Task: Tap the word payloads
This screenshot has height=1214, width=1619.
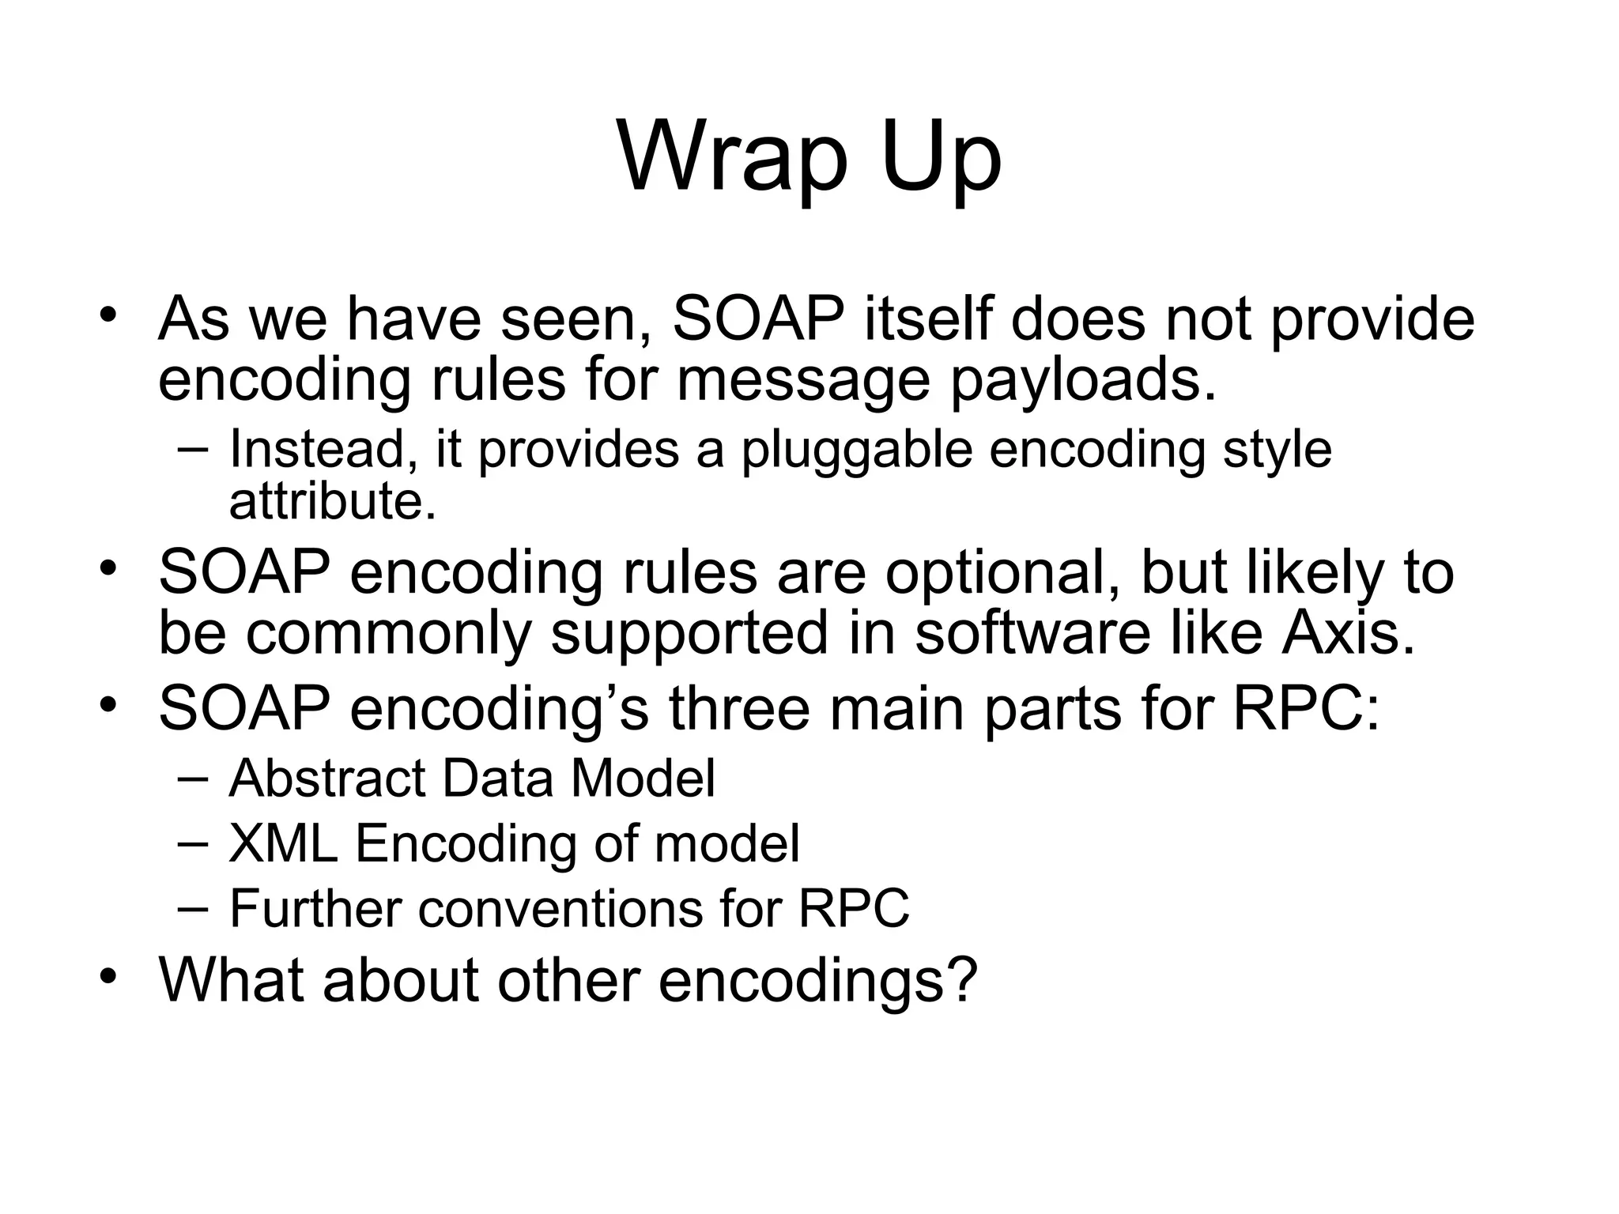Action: coord(1081,380)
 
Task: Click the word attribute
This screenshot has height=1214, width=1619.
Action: coord(332,501)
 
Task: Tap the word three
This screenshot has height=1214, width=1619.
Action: coord(739,707)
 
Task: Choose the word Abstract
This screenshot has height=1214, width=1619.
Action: coord(327,779)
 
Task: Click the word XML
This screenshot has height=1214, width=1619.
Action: coord(283,843)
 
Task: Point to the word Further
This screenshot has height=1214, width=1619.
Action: coord(315,908)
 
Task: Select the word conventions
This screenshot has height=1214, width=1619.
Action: coord(560,908)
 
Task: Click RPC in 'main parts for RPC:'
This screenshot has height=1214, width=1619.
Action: coord(1296,707)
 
